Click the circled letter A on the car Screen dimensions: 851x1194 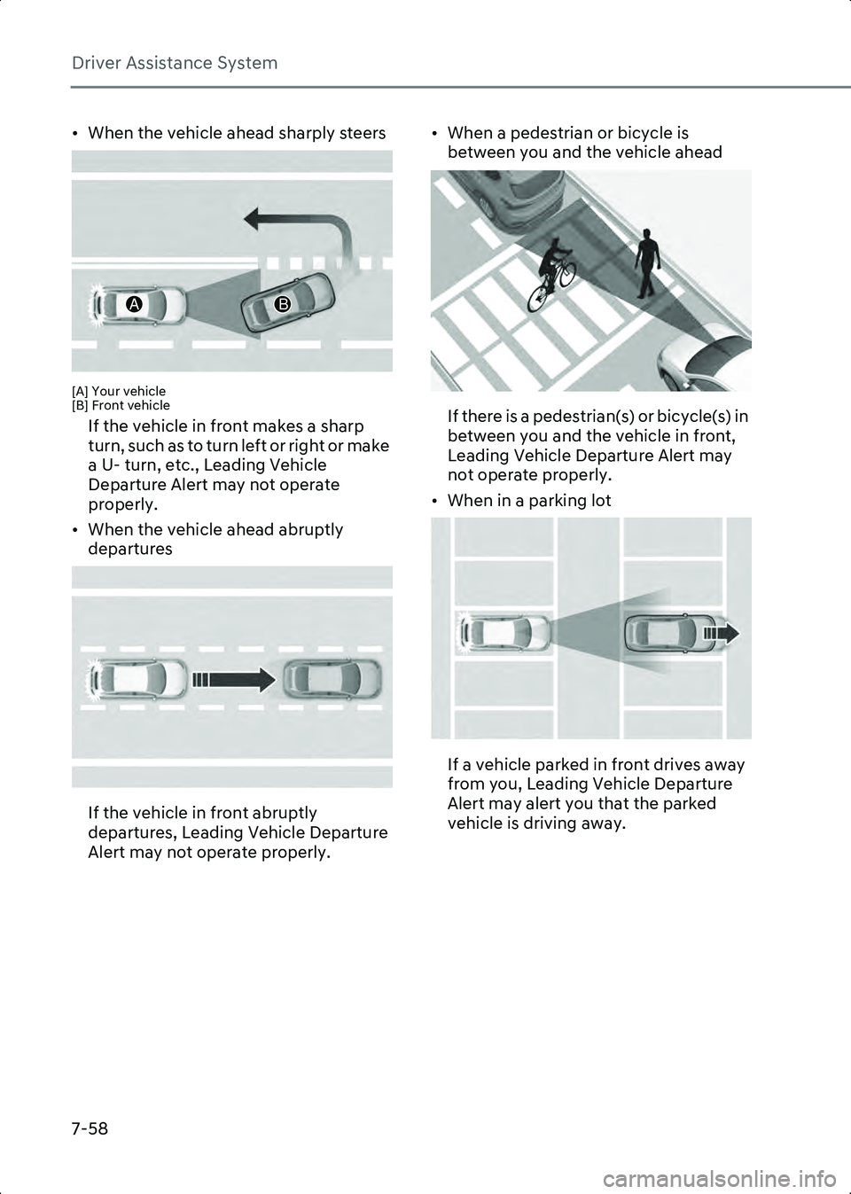(136, 304)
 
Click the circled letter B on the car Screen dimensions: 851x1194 (283, 304)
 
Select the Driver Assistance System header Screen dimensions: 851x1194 (175, 63)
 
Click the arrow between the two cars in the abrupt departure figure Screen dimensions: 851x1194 (234, 680)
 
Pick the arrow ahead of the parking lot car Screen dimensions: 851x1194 (722, 633)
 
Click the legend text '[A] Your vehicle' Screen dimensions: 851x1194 (119, 391)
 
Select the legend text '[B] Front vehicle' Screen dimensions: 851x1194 (121, 405)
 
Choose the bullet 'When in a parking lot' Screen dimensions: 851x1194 (529, 501)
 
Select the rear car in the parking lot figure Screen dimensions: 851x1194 (504, 633)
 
